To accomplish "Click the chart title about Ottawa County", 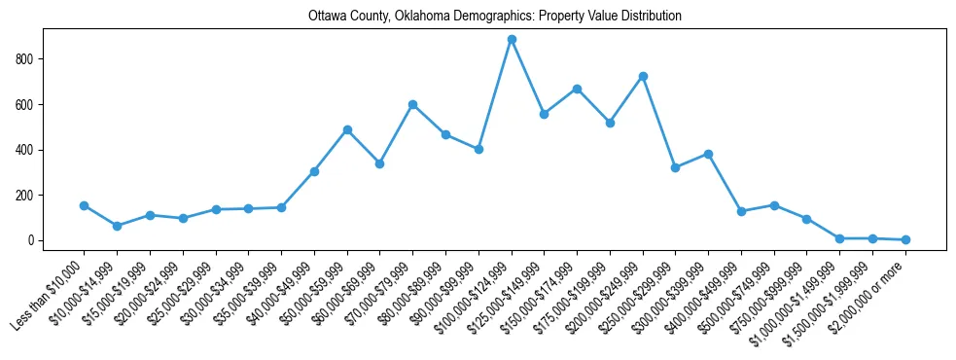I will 495,17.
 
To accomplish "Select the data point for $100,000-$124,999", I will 512,40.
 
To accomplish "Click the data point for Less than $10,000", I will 85,205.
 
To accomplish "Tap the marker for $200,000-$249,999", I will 643,76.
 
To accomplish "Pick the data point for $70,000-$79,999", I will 412,104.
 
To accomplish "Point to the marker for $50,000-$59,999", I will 347,129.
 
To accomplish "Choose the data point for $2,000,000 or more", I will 905,239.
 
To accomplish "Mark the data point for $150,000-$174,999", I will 577,89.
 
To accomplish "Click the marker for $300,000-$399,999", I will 708,154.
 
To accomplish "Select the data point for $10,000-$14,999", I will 117,226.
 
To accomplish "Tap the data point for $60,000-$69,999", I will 380,163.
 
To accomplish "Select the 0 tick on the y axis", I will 36,240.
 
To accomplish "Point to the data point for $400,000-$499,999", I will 741,211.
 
